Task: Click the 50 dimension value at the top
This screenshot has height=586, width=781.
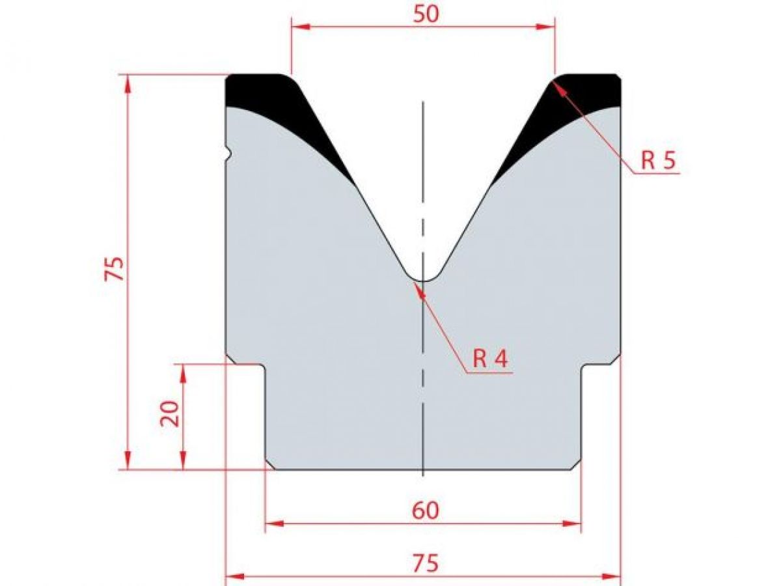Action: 426,14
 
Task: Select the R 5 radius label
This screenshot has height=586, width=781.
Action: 659,160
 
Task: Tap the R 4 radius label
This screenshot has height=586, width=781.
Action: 490,358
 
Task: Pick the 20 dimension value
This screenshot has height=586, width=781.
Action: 170,413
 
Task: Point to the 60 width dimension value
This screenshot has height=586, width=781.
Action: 425,511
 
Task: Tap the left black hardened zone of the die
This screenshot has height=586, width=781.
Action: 273,98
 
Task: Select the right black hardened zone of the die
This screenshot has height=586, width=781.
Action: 573,98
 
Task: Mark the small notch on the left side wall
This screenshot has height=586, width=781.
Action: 229,154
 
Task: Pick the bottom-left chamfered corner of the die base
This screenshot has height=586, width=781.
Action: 270,464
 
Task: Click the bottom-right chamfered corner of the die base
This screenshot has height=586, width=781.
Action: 576,464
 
